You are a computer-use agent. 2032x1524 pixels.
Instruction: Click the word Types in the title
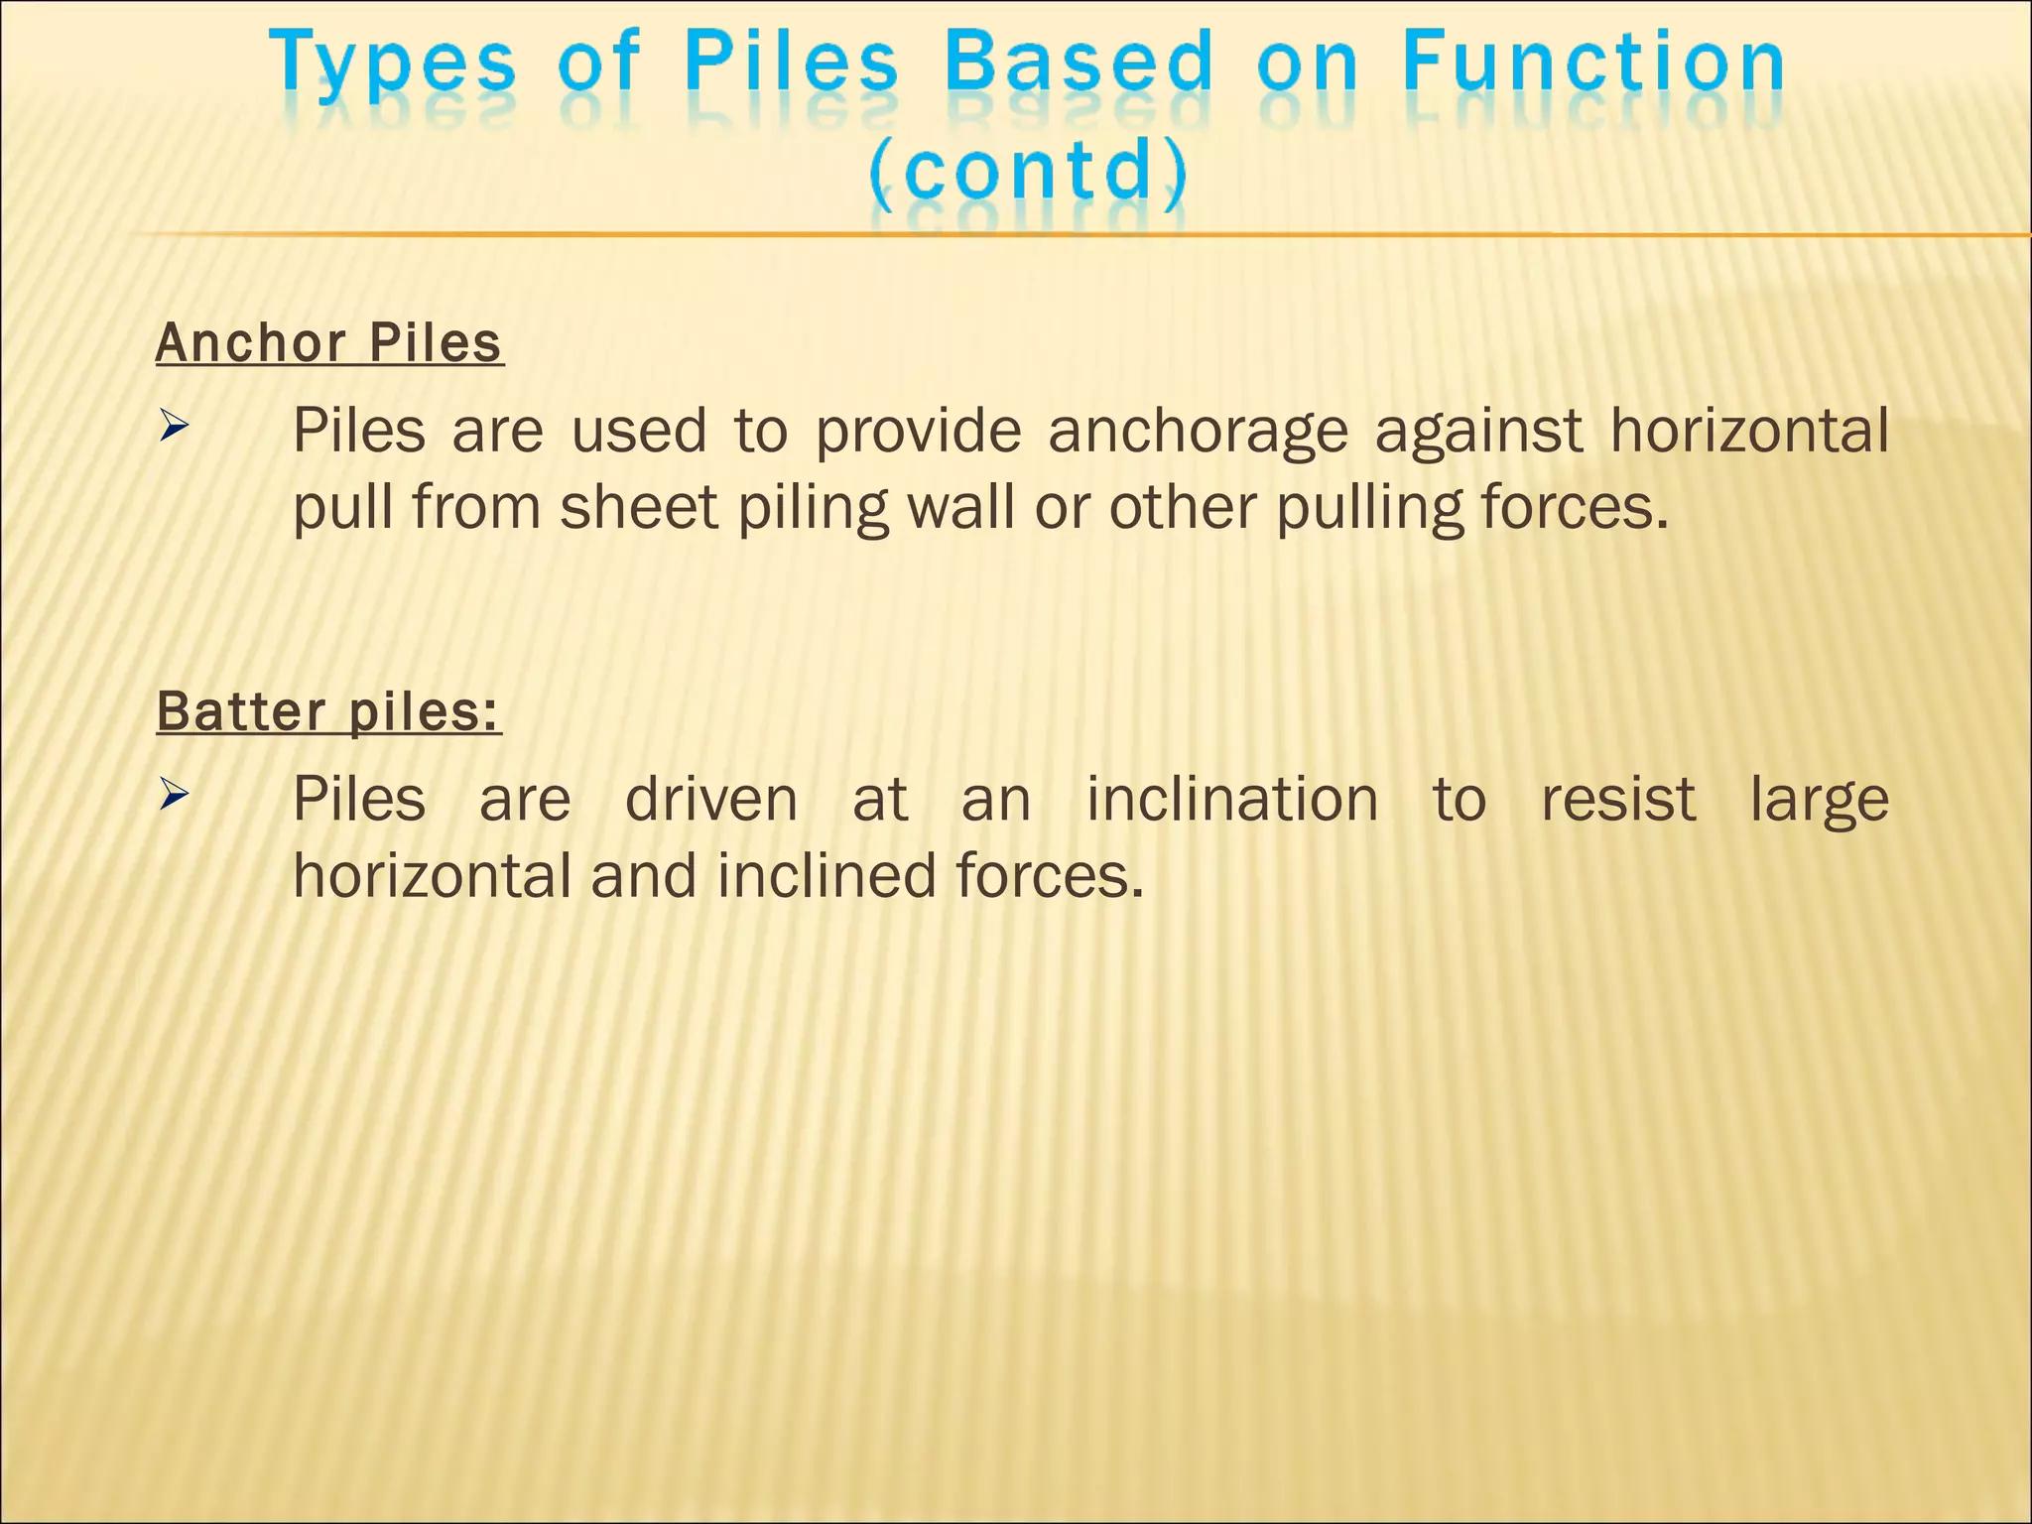click(393, 65)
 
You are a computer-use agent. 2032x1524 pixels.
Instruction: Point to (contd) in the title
click(1028, 170)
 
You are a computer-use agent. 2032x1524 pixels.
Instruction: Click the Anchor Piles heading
click(329, 343)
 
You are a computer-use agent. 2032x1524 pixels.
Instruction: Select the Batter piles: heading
click(328, 711)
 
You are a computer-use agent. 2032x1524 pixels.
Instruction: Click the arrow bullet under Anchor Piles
click(174, 429)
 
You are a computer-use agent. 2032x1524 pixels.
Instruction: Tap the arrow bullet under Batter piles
click(174, 794)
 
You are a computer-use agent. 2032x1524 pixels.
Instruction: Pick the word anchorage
click(1198, 433)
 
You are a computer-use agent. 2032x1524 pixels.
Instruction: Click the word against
click(1478, 433)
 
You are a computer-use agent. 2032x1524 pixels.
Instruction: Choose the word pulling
click(1369, 509)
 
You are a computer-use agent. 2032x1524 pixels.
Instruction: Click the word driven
click(711, 799)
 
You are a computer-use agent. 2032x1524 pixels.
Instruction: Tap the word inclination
click(1232, 799)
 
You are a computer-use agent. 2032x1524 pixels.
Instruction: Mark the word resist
click(1617, 799)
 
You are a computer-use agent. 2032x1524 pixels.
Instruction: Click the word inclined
click(826, 876)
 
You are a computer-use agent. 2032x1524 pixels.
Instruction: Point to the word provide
click(918, 433)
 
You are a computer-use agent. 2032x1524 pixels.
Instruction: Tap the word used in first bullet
click(639, 431)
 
